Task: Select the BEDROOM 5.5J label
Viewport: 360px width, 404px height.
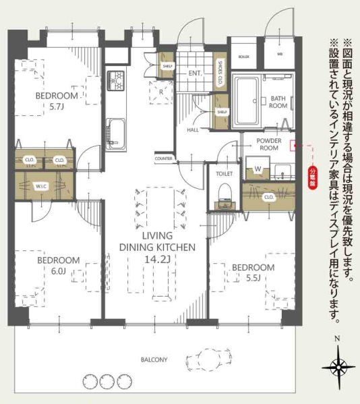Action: point(253,272)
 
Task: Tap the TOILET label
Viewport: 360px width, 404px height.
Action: point(224,173)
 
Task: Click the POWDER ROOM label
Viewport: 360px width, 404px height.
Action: point(269,144)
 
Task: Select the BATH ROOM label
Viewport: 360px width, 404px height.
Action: point(278,102)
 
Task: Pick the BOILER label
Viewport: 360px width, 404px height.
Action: point(243,57)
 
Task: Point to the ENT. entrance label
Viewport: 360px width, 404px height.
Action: point(196,72)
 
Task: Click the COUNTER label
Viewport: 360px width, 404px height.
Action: point(163,158)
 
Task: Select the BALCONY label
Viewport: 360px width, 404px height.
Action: point(154,359)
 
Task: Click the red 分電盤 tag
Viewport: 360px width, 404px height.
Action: point(312,179)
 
